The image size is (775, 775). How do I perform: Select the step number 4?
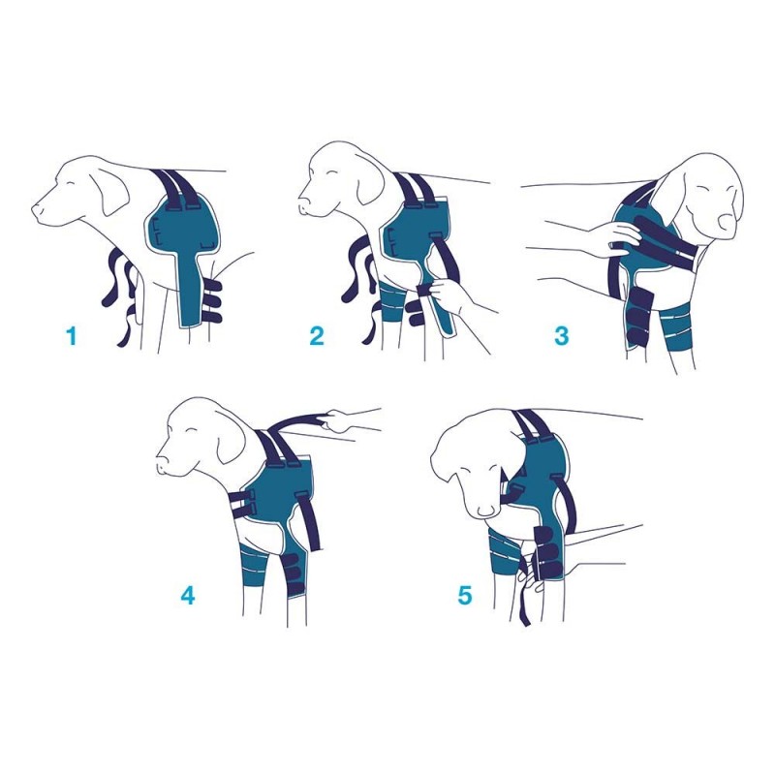click(x=188, y=595)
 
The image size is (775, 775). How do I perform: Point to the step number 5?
click(x=465, y=595)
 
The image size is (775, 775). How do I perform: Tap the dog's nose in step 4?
click(x=162, y=468)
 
